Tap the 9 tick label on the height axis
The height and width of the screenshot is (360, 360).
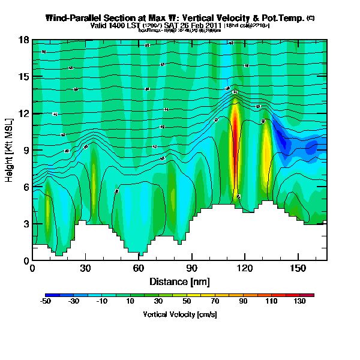point(25,151)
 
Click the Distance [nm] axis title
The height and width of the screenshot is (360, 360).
point(179,281)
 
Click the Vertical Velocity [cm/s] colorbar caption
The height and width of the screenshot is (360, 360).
point(179,314)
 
